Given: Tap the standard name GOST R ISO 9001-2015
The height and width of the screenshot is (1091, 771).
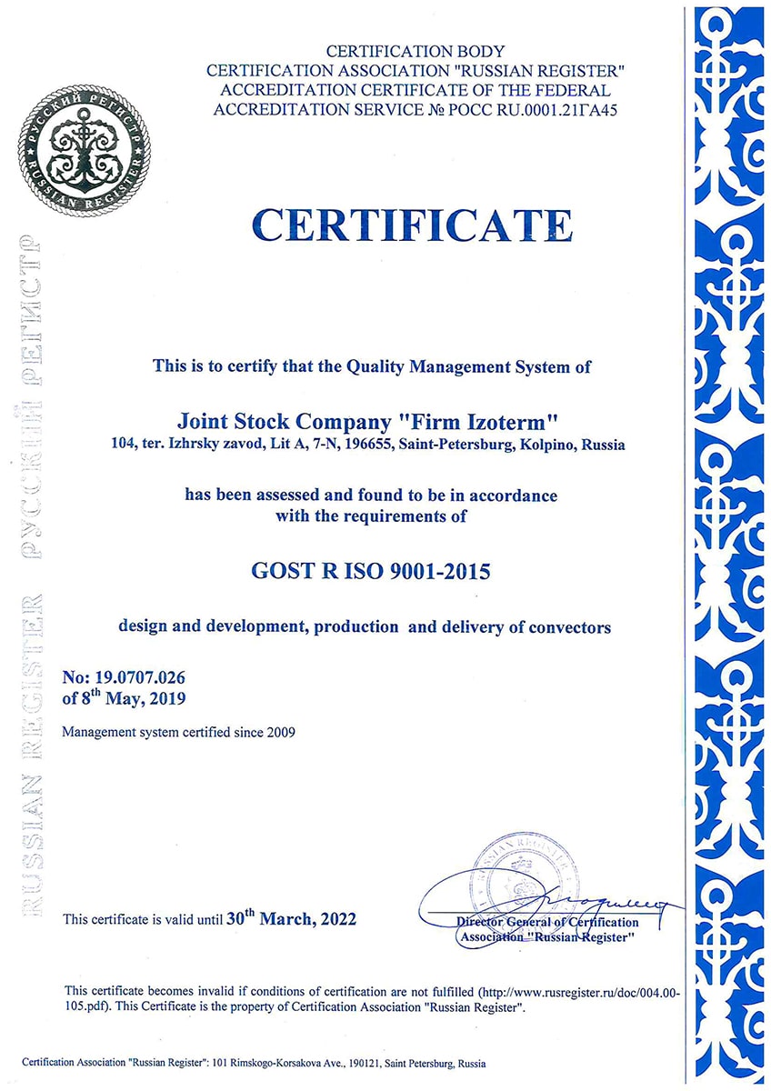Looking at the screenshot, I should click(370, 573).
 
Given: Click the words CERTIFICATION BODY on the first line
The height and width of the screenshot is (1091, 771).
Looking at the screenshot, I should click(415, 52).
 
